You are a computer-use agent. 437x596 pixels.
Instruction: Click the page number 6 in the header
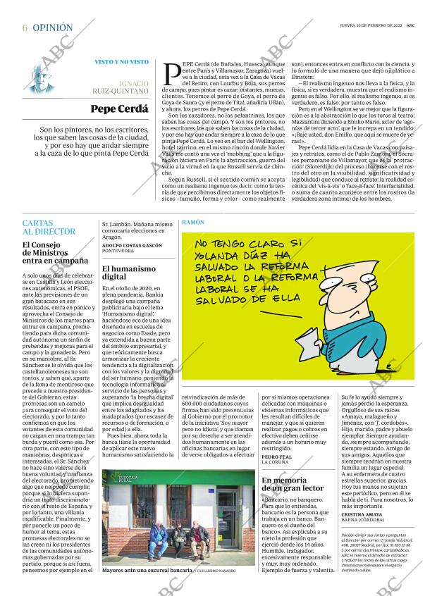pos(25,27)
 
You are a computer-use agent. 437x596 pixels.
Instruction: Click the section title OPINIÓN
pos(53,27)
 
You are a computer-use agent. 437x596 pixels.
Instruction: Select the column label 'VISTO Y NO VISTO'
pos(121,62)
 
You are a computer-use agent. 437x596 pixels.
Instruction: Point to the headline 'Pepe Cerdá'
pos(120,109)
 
